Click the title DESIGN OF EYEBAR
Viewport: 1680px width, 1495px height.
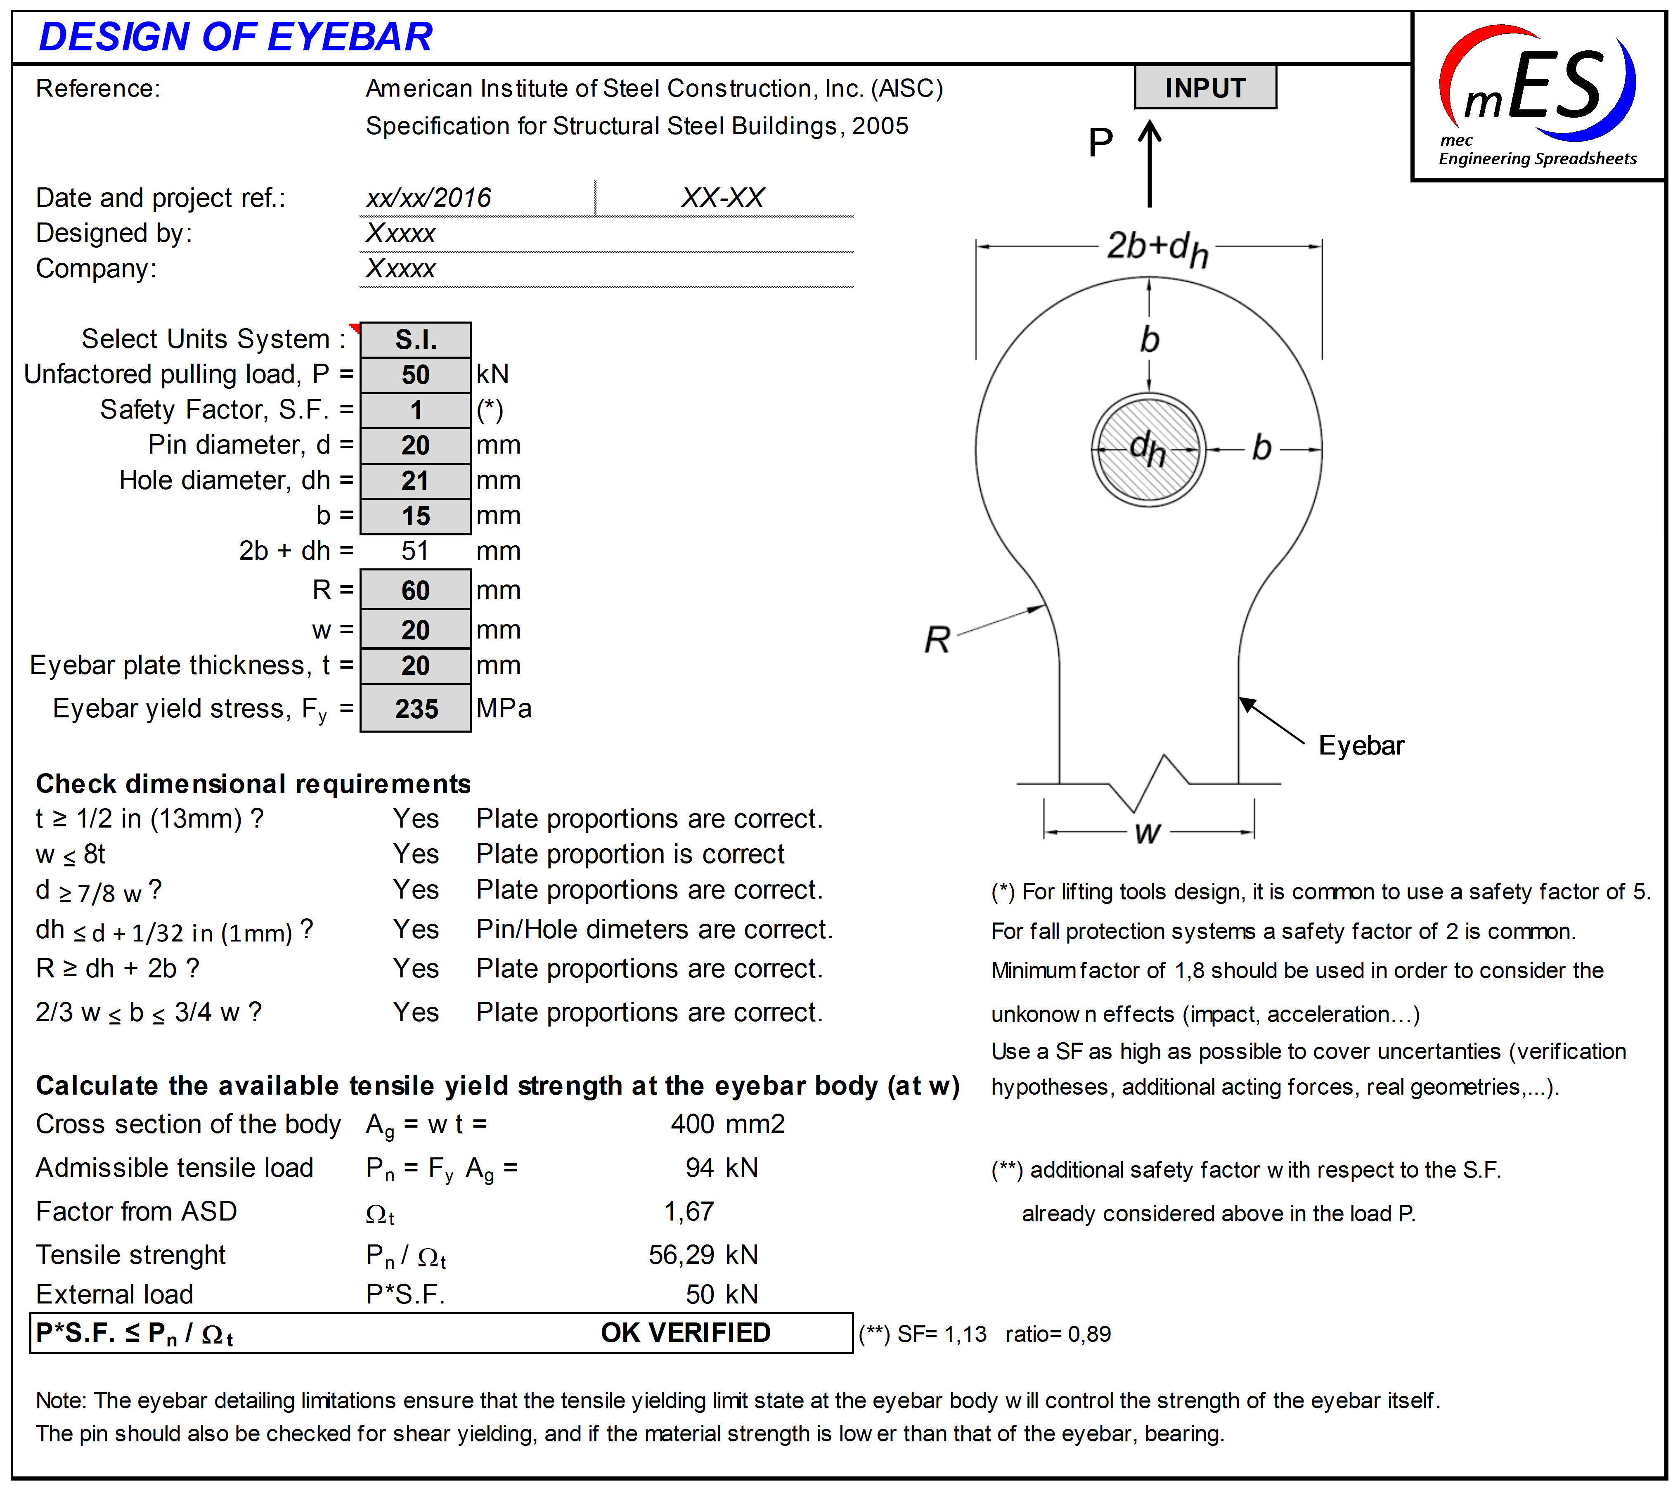[236, 37]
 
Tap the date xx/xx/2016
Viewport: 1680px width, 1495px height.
[428, 198]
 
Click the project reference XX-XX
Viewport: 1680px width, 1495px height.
[722, 198]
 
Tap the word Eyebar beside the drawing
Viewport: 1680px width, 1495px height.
[1361, 745]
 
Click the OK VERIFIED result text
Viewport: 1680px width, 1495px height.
[686, 1332]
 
